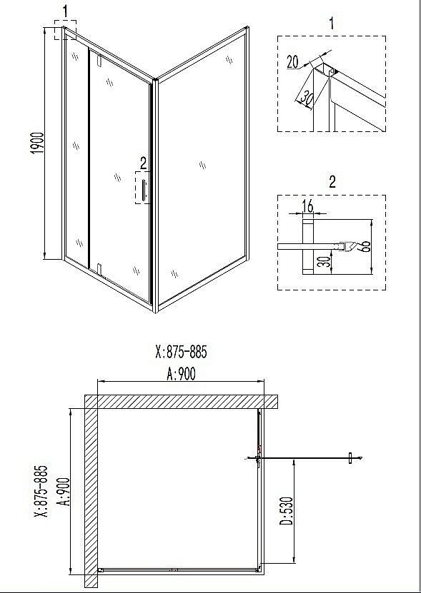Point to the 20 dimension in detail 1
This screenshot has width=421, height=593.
tap(292, 62)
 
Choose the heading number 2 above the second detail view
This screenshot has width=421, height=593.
tap(332, 181)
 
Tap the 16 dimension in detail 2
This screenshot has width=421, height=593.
tap(308, 206)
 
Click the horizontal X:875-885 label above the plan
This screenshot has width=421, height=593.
tap(181, 352)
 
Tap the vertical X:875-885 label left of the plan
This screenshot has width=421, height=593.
tap(41, 491)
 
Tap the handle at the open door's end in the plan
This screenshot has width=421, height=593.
tap(350, 457)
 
